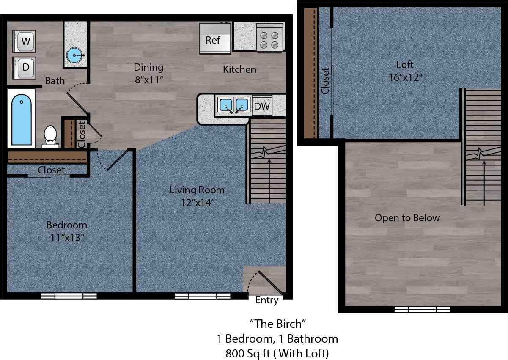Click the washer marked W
(25, 41)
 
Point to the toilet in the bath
(50, 136)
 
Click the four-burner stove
(269, 38)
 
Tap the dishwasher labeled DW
(262, 106)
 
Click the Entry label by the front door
(267, 300)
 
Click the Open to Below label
(407, 218)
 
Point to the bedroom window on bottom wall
(69, 296)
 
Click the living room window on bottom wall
(202, 296)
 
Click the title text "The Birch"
(277, 324)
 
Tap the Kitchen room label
(239, 69)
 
